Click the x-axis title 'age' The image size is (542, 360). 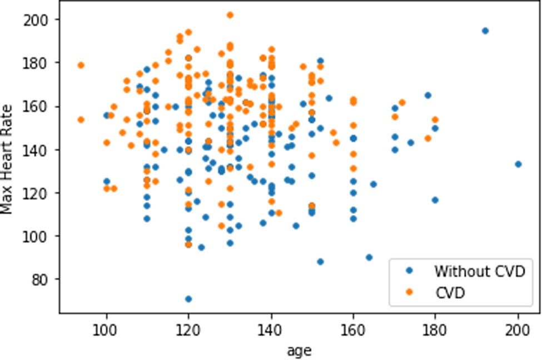tap(299, 351)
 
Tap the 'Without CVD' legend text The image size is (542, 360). tap(479, 272)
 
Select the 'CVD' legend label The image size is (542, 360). tap(450, 293)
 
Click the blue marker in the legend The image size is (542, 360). tap(410, 272)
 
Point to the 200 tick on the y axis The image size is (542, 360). tap(38, 19)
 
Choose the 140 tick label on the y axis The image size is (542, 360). tap(38, 149)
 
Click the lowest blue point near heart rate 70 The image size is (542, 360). tap(188, 299)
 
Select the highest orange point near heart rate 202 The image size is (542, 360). tap(230, 15)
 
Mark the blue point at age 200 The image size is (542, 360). tap(518, 164)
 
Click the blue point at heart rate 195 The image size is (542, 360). tap(485, 31)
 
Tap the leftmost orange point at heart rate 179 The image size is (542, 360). tap(81, 65)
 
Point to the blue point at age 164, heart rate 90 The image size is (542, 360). tap(369, 257)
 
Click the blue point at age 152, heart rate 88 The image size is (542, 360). tap(320, 262)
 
